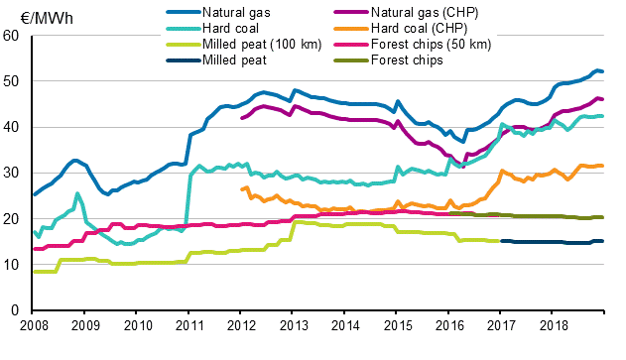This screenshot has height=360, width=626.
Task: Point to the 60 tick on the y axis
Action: [12, 36]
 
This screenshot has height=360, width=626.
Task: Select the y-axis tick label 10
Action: [12, 265]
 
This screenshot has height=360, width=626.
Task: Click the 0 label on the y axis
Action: [16, 310]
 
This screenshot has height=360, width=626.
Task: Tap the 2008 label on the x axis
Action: [33, 325]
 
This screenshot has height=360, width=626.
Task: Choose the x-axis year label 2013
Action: [294, 325]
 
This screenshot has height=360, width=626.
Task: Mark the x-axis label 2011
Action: [189, 325]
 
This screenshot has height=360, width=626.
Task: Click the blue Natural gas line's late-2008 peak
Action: [74, 160]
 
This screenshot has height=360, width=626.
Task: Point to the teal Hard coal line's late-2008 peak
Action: [77, 193]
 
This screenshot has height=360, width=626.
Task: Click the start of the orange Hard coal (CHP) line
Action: [242, 188]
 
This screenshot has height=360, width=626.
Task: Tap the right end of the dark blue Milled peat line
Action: [603, 241]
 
